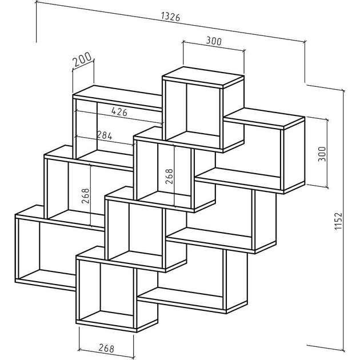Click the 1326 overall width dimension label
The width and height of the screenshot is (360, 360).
point(171,17)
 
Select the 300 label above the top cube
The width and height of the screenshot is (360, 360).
point(214,41)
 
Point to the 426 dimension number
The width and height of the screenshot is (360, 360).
point(119,112)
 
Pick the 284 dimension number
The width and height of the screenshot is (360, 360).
point(105,135)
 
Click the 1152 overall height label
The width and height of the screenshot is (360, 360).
point(338,221)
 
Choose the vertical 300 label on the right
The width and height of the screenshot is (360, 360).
point(322,154)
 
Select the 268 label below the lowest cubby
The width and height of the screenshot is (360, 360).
point(106,348)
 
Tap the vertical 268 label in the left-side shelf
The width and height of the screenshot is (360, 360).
point(85,196)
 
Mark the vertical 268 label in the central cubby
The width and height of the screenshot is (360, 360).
point(169,177)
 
